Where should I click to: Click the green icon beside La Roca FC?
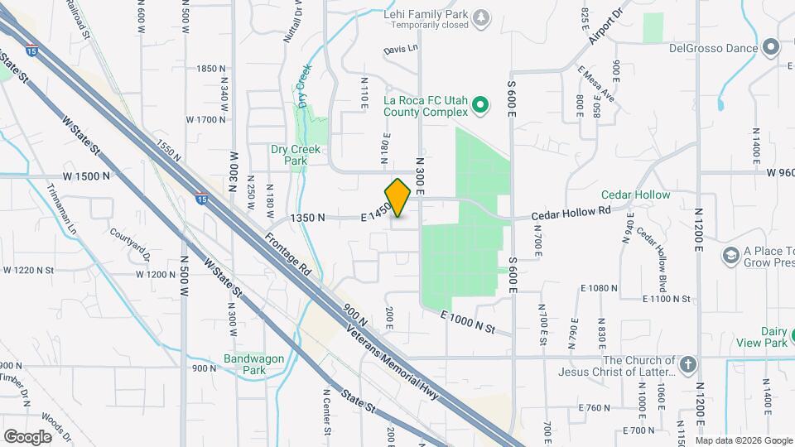coord(479,106)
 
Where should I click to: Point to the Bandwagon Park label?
coord(254,364)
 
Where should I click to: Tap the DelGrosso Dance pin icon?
coord(772,48)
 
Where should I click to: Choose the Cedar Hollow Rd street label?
coord(571,212)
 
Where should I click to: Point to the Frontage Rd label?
coord(288,257)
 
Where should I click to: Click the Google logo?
coord(27,436)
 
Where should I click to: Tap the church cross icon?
coord(688,365)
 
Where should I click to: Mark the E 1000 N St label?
coord(468,323)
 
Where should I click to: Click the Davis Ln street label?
coord(401,50)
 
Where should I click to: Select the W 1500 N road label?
coord(87,176)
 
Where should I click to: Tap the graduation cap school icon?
coord(730,257)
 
